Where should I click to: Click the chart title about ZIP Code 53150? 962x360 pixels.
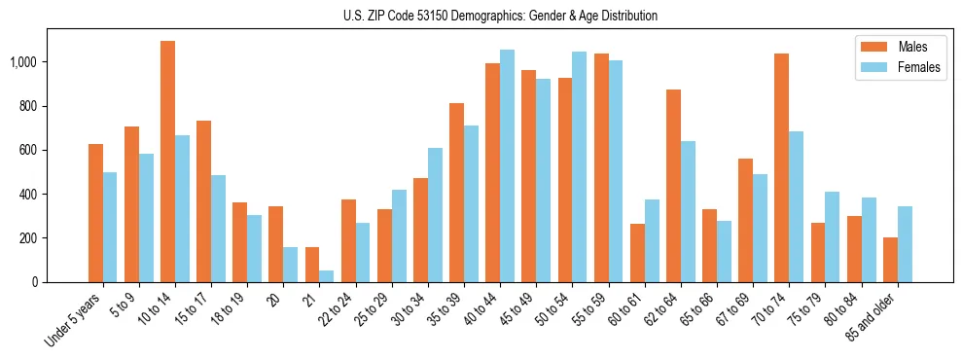coord(500,16)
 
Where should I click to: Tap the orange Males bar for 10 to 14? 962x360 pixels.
coord(167,162)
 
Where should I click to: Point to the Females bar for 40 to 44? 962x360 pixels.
coord(507,165)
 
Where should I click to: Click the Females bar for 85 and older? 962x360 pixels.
coord(905,244)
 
